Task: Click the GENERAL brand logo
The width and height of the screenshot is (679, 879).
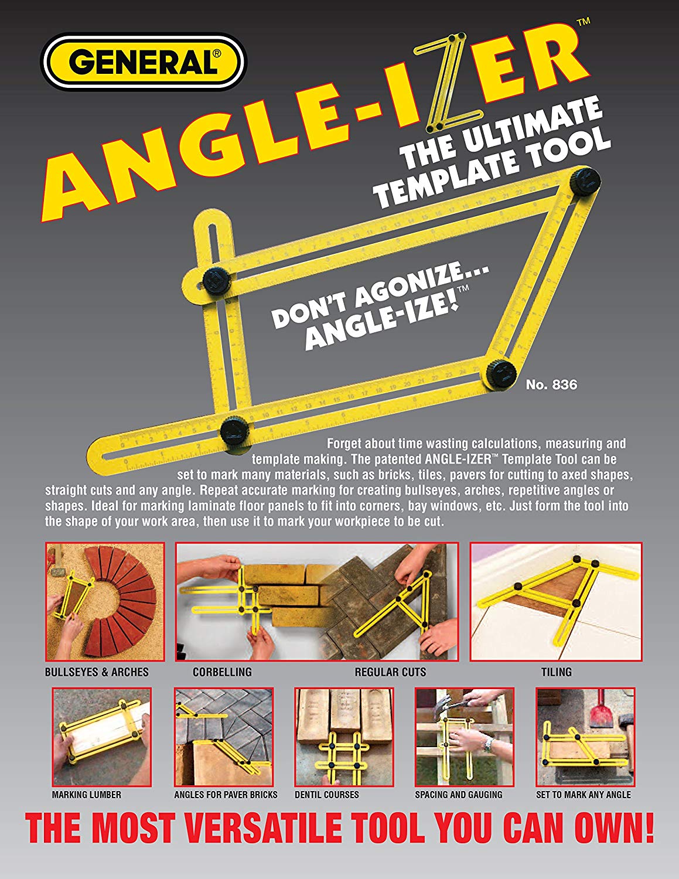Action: [x=144, y=62]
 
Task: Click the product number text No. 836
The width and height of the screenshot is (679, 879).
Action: [x=551, y=385]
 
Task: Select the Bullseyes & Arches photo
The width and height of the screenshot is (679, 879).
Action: [x=105, y=602]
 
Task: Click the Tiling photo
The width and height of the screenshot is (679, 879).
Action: [x=556, y=602]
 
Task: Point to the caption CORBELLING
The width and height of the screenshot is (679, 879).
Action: [x=222, y=672]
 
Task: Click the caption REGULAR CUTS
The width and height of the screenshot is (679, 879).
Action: [x=390, y=672]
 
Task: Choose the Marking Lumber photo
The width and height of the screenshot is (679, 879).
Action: [x=102, y=737]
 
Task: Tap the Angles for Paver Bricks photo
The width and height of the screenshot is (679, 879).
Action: [x=223, y=737]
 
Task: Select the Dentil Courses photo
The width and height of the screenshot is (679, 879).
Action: [x=344, y=737]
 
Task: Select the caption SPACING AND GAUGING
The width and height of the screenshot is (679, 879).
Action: [x=458, y=795]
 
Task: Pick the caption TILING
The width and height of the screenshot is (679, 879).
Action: [x=556, y=672]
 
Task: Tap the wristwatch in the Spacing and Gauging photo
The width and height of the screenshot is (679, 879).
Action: [x=487, y=745]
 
